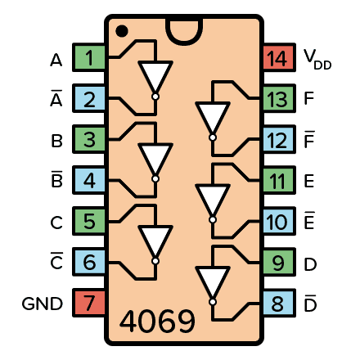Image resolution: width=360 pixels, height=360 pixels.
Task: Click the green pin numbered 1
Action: coord(88,58)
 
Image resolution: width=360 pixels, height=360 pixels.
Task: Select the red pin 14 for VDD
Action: coord(278,58)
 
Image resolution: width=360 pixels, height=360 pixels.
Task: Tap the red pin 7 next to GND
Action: coord(88,303)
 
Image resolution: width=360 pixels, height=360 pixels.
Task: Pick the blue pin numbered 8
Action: coord(278,303)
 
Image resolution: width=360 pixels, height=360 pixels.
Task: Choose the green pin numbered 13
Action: coord(278,99)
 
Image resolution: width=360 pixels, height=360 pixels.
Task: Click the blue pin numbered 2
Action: coord(88,99)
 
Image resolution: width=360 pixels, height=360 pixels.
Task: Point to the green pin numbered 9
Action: coord(278,263)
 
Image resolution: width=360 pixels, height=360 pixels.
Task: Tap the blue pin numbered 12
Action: coord(278,140)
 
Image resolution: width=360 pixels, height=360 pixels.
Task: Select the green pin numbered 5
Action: coord(88,222)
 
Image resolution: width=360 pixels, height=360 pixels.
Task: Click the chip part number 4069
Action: coord(158,322)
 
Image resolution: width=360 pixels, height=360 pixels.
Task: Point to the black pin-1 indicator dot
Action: coord(122,31)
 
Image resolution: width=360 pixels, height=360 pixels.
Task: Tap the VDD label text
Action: coord(317,59)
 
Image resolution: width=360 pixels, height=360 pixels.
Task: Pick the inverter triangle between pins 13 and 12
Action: coord(212,117)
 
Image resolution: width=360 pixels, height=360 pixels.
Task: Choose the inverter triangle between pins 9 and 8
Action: coord(212,281)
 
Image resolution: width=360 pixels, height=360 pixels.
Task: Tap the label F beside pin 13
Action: coord(308,99)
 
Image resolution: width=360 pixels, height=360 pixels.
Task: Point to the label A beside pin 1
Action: coord(56,60)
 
